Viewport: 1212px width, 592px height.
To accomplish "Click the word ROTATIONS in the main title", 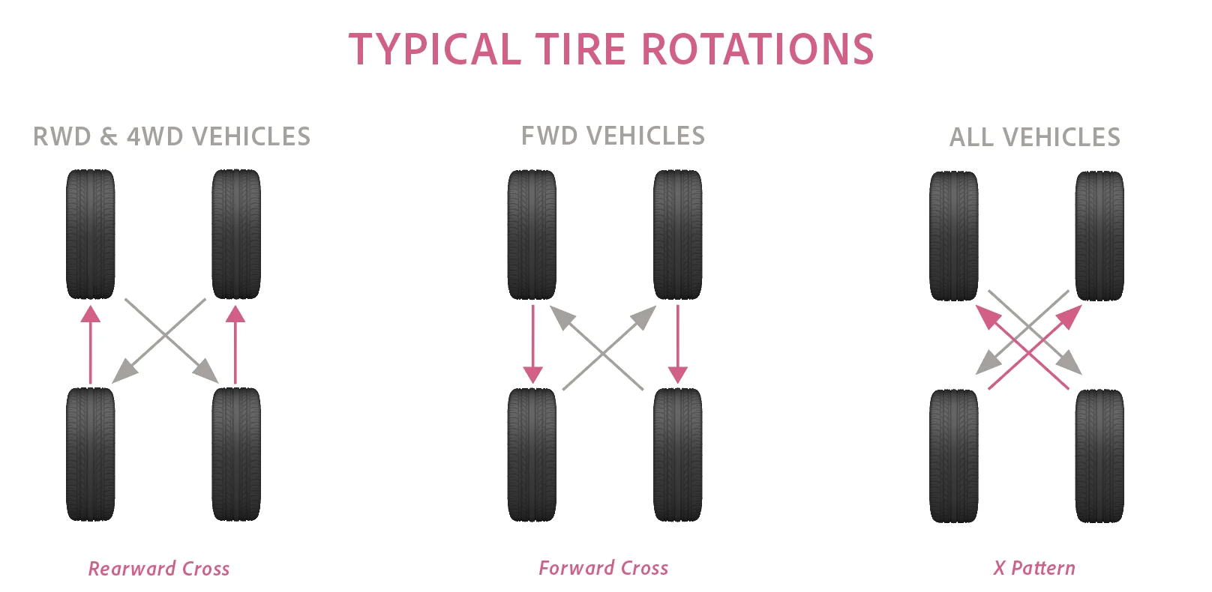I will tap(757, 49).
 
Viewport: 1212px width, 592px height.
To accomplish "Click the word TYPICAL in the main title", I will tap(435, 49).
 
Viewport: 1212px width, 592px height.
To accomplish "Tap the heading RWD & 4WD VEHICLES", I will tap(172, 136).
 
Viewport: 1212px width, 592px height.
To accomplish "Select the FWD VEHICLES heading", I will tap(613, 136).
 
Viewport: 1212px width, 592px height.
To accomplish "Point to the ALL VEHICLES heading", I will tap(1035, 137).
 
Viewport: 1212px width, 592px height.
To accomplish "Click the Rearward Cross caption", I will tap(159, 569).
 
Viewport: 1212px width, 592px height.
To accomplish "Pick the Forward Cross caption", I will tap(603, 568).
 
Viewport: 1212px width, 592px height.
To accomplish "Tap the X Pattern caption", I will tap(1034, 568).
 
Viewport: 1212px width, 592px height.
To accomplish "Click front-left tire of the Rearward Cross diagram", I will tap(91, 234).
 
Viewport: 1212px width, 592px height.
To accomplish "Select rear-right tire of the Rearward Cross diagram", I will tap(236, 454).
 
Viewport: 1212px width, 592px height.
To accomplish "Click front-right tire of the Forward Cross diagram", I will tap(678, 234).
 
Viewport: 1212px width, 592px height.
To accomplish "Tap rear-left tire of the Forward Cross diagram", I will tap(532, 454).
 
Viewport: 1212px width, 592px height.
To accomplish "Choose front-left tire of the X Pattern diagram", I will tap(954, 235).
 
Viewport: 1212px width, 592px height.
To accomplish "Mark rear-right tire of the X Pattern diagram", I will tap(1099, 456).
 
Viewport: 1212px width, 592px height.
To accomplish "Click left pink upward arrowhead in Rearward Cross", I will tap(91, 313).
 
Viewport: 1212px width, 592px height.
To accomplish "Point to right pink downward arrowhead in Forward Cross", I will tap(678, 374).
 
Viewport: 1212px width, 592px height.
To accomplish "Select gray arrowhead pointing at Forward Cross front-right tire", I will tap(644, 316).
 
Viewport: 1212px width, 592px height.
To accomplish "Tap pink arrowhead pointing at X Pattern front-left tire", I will tap(987, 316).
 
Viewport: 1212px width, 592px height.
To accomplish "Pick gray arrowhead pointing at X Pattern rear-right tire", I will tap(1071, 365).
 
